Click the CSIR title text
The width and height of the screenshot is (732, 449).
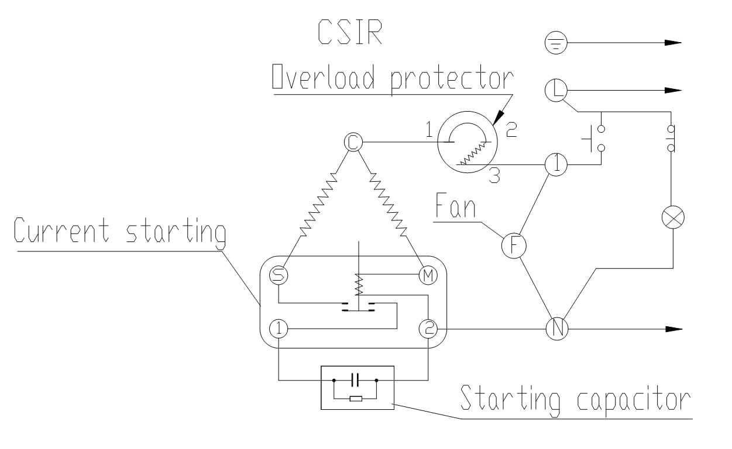click(x=350, y=33)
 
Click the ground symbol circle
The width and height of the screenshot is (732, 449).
click(x=556, y=43)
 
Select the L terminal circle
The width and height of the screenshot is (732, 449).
click(x=556, y=90)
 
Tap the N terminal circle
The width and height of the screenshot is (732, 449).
click(x=557, y=329)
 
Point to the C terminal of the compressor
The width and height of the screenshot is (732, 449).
click(x=353, y=141)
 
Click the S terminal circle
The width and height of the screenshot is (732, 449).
click(x=279, y=275)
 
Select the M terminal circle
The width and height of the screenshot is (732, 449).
click(x=428, y=275)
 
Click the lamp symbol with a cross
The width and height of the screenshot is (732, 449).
click(x=672, y=217)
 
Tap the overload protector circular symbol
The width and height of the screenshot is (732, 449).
click(x=467, y=143)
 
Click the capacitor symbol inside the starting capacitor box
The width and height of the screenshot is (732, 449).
click(x=355, y=380)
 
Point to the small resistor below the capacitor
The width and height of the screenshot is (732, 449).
click(x=355, y=399)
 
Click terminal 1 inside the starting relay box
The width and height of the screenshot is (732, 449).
click(x=279, y=329)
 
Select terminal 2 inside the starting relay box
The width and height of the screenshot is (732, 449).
click(x=428, y=329)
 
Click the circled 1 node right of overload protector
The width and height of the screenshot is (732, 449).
click(x=556, y=165)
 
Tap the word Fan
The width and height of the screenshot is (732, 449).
click(x=455, y=207)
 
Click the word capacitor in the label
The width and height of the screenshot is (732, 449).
click(x=633, y=400)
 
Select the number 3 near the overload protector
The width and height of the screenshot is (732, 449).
click(x=494, y=176)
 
